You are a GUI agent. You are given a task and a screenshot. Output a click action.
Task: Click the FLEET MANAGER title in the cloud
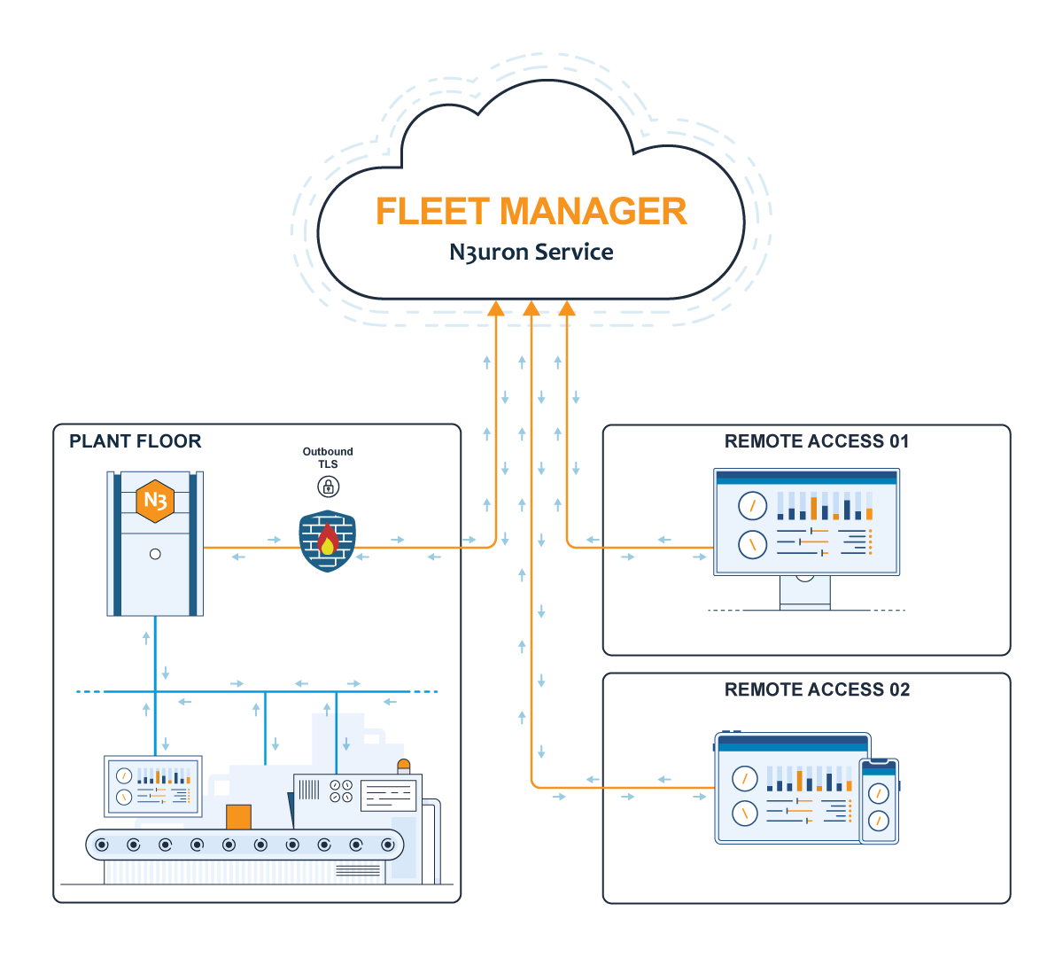point(531,212)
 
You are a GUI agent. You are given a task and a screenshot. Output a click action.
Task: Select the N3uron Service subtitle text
point(531,253)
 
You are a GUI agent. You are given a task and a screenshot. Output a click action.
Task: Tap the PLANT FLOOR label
point(135,441)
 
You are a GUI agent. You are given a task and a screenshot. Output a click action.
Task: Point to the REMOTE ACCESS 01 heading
point(817,441)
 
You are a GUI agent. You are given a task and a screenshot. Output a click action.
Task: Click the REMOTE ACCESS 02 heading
point(817,690)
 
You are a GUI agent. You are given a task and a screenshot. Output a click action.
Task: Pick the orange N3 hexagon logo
point(155,501)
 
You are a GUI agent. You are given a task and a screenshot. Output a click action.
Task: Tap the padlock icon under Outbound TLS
point(328,486)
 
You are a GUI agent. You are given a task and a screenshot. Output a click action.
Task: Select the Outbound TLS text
point(328,457)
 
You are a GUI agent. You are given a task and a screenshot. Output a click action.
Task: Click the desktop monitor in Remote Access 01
point(806,523)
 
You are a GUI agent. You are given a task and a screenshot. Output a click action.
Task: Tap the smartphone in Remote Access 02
point(879,801)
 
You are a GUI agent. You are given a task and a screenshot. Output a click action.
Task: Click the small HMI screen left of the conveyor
point(153,785)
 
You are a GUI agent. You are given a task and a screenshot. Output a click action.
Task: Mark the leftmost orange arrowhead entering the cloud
point(496,308)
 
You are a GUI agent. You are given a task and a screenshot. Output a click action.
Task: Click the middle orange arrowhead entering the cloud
point(531,308)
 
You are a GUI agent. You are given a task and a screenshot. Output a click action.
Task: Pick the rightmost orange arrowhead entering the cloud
point(567,308)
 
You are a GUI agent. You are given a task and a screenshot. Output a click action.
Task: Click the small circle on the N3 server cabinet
point(155,554)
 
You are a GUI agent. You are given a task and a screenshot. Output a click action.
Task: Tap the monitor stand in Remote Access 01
point(805,592)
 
